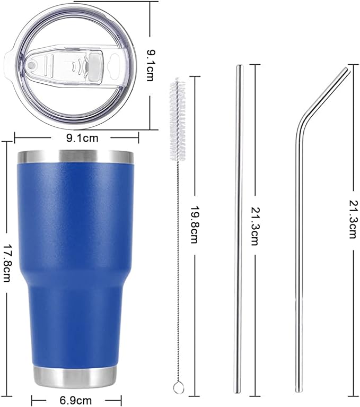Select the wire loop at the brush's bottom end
click(x=179, y=388)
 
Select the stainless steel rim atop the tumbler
click(x=75, y=156)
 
